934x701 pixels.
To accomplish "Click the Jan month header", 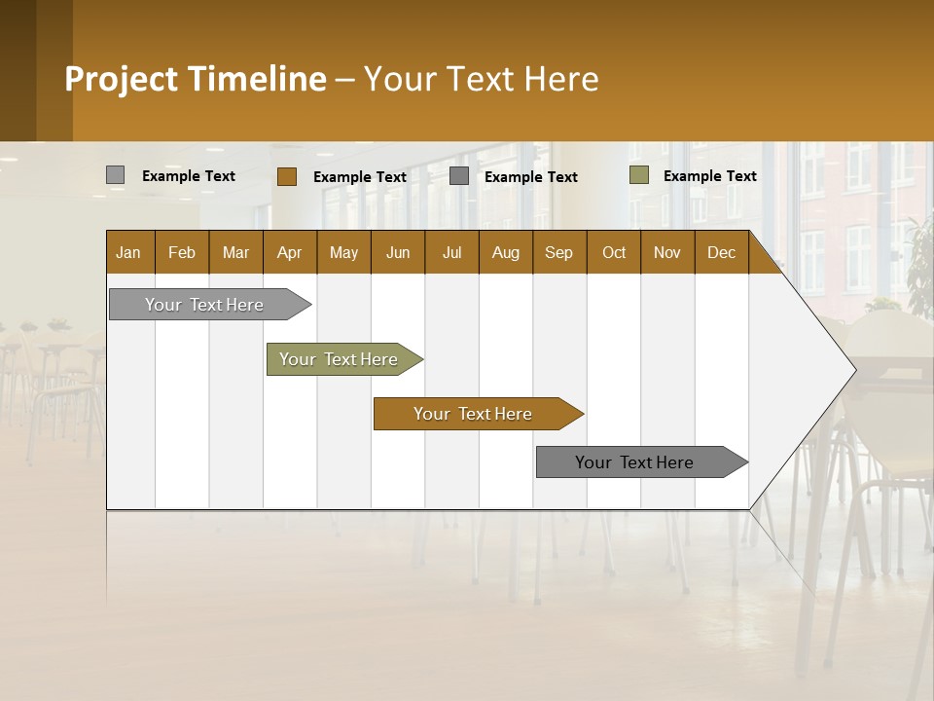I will click(128, 253).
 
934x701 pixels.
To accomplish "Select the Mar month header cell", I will click(235, 253).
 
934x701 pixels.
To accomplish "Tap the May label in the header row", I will click(343, 253).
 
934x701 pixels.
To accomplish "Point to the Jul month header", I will click(451, 253).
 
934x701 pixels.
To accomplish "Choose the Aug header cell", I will click(505, 253).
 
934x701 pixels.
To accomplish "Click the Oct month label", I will click(614, 253).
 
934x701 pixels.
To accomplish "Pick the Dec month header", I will click(721, 253).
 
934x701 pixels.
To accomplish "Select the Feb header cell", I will click(182, 253).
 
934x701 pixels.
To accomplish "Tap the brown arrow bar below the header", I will click(474, 414).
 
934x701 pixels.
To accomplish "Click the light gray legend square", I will click(115, 175).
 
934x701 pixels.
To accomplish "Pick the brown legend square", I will click(286, 176).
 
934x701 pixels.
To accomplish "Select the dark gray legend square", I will click(459, 175).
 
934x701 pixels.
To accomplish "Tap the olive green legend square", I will click(638, 175).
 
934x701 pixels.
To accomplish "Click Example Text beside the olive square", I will click(709, 176).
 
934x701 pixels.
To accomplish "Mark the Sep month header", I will click(558, 253).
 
